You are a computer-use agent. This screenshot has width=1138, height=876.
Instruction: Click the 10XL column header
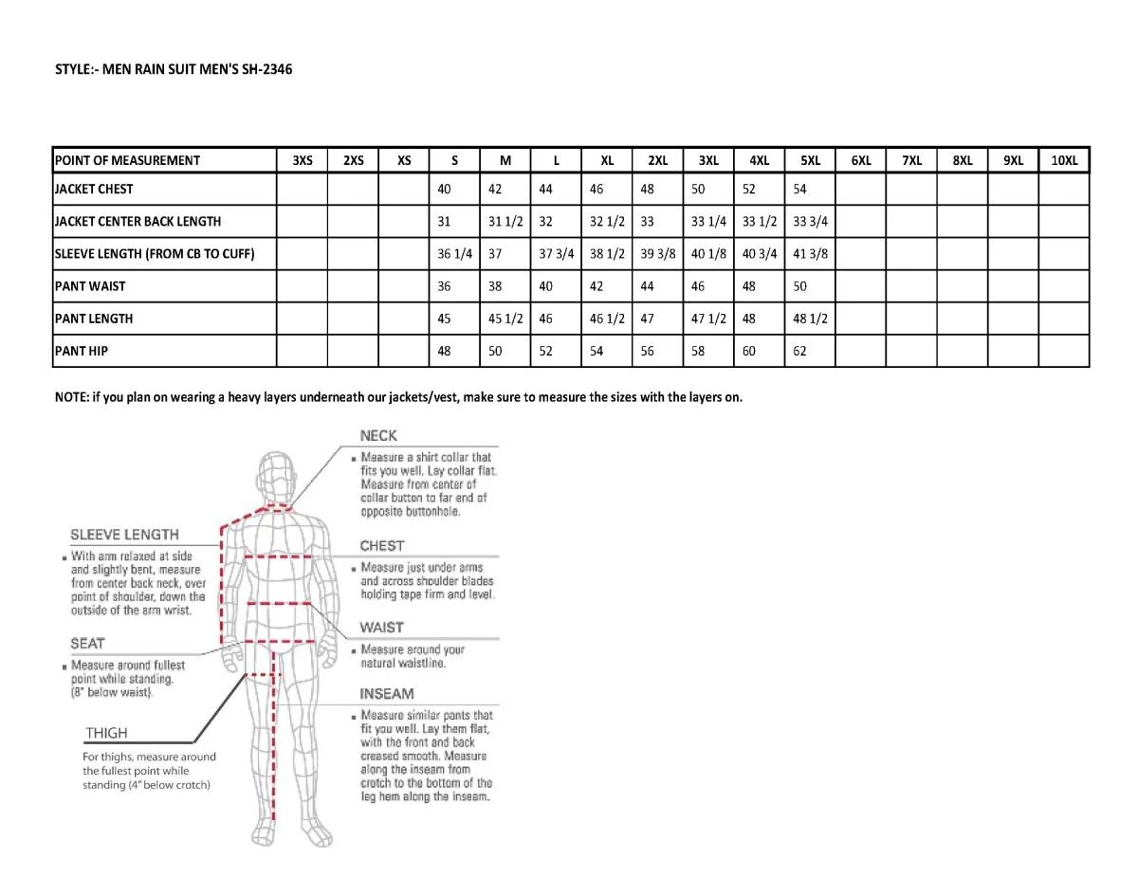tap(1064, 160)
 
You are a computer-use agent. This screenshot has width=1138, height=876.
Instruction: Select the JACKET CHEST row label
tap(94, 189)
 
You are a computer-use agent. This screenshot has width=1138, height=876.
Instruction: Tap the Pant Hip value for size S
tap(444, 351)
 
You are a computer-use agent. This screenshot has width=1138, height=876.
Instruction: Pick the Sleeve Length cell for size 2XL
tap(656, 253)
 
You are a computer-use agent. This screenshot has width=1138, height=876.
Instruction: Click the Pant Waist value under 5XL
tap(800, 286)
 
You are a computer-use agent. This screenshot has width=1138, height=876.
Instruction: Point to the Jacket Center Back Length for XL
tap(607, 221)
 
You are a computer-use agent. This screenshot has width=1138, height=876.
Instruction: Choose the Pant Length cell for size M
tap(505, 319)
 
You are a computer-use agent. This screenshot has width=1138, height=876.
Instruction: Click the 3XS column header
tap(303, 160)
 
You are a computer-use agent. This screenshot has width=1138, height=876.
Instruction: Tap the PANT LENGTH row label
tap(94, 319)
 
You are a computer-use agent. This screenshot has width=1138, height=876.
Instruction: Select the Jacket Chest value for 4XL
tap(749, 189)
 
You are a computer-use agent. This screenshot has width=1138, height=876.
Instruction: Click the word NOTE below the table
tap(71, 397)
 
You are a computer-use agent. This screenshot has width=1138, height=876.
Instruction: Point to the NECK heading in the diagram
tap(378, 436)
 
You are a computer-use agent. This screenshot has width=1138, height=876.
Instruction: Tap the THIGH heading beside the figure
tap(106, 733)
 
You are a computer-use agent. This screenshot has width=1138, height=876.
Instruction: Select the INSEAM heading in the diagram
tap(387, 694)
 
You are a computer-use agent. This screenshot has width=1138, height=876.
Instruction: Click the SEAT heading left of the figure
tap(88, 643)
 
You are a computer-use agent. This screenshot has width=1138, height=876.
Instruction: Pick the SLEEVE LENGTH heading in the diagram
tap(124, 535)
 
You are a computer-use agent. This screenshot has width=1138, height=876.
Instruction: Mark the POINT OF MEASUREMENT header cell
tap(127, 160)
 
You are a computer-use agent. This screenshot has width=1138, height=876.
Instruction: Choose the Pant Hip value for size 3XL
tap(699, 351)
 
